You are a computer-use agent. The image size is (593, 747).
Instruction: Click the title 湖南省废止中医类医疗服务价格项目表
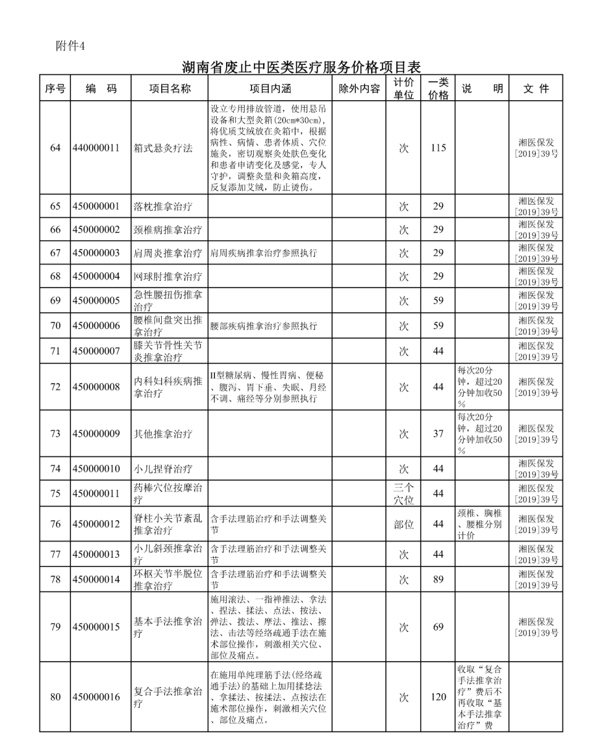pyautogui.click(x=301, y=66)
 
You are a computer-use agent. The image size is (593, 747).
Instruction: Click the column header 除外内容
pyautogui.click(x=360, y=88)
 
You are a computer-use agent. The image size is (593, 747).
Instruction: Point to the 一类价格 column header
pyautogui.click(x=438, y=88)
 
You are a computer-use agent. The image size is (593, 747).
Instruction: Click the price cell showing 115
pyautogui.click(x=438, y=148)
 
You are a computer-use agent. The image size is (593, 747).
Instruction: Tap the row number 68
pyautogui.click(x=55, y=276)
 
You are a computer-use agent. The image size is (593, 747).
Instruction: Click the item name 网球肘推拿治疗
pyautogui.click(x=167, y=276)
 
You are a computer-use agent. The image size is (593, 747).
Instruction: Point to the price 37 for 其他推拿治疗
pyautogui.click(x=438, y=433)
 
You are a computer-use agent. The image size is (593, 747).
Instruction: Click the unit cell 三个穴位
pyautogui.click(x=403, y=493)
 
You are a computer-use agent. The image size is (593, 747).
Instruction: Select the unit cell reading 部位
pyautogui.click(x=403, y=524)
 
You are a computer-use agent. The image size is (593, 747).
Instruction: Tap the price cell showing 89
pyautogui.click(x=438, y=579)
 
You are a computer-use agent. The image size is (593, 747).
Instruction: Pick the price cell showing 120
pyautogui.click(x=438, y=697)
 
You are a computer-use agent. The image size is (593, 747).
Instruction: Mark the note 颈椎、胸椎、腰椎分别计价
pyautogui.click(x=479, y=524)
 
